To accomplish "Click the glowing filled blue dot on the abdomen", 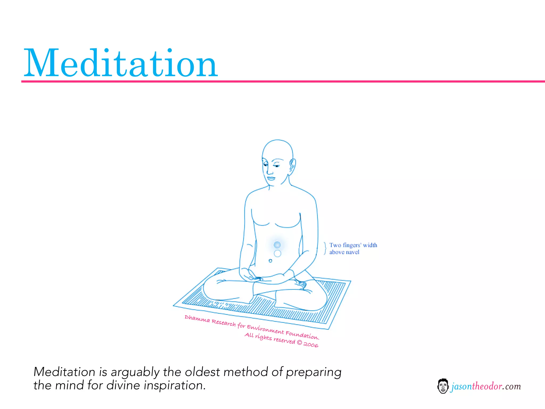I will pyautogui.click(x=277, y=245).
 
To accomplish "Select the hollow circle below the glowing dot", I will pyautogui.click(x=277, y=253).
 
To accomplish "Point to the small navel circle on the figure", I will pyautogui.click(x=270, y=261).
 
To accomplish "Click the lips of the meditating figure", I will pyautogui.click(x=271, y=178).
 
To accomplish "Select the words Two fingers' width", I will pyautogui.click(x=353, y=245).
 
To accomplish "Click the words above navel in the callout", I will pyautogui.click(x=344, y=252).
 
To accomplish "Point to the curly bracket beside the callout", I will pyautogui.click(x=325, y=248).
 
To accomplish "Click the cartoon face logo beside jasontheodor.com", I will pyautogui.click(x=443, y=386).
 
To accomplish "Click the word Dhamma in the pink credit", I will pyautogui.click(x=197, y=318).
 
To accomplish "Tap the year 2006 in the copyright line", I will pyautogui.click(x=311, y=345).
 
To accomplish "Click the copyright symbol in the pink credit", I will pyautogui.click(x=299, y=343).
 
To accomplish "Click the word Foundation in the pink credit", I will pyautogui.click(x=302, y=335).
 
